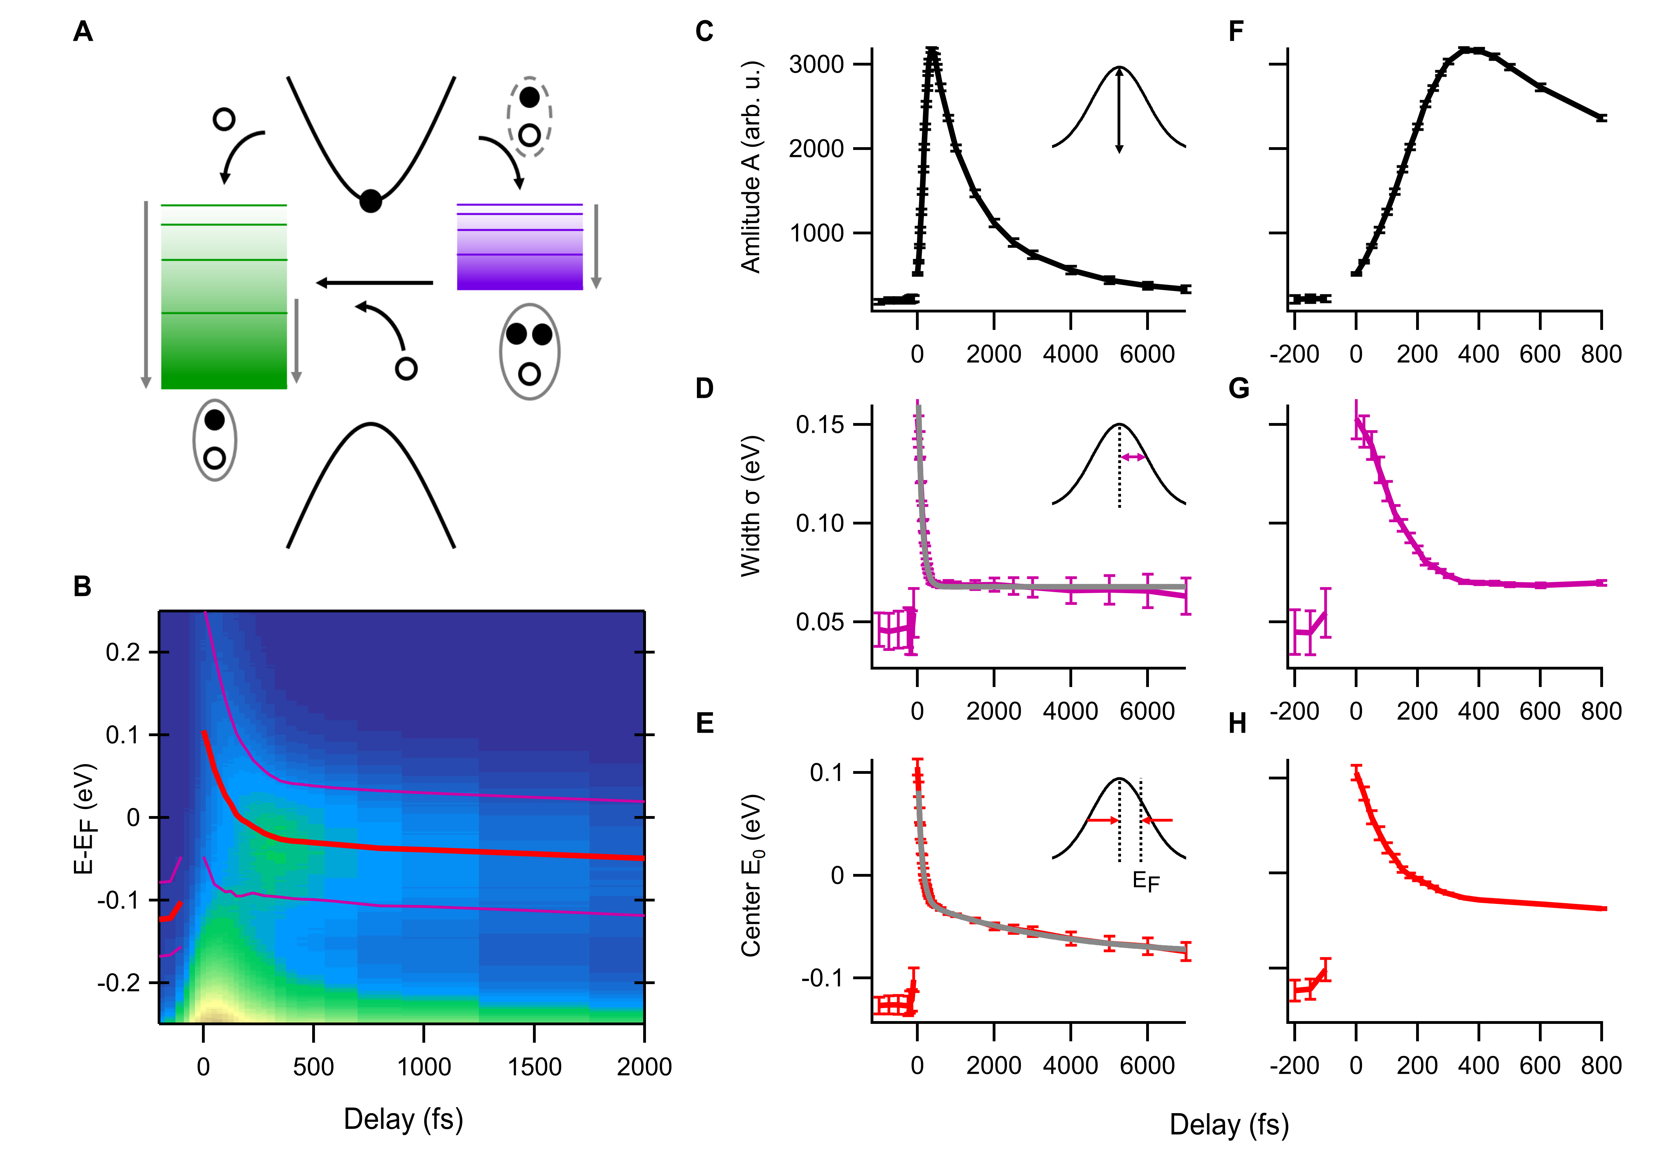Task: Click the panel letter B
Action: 83,586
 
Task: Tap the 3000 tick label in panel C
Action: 817,65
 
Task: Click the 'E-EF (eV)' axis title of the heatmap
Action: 85,818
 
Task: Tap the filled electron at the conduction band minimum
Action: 370,201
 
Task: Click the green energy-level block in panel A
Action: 224,297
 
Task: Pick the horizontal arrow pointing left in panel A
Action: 375,283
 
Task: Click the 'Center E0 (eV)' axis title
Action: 751,876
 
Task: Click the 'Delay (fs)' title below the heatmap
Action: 403,1119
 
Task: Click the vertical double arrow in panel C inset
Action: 1119,110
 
